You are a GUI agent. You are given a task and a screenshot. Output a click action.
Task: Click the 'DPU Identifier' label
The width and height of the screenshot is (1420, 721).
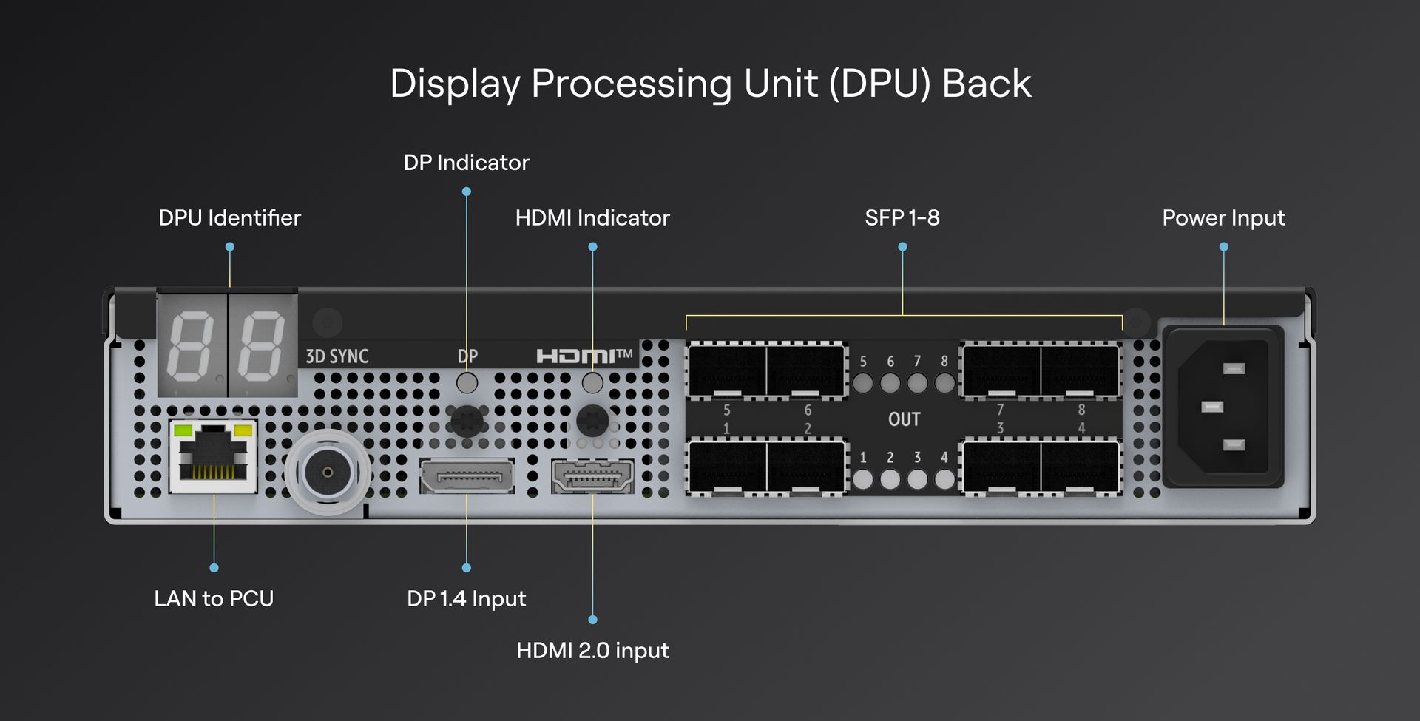(x=229, y=218)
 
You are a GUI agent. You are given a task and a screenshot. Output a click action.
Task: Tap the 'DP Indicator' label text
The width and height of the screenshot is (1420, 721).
(x=466, y=163)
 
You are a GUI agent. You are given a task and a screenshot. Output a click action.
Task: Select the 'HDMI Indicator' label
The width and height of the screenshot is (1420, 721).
(x=592, y=218)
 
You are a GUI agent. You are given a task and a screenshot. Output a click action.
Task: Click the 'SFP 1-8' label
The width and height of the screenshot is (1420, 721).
(x=902, y=218)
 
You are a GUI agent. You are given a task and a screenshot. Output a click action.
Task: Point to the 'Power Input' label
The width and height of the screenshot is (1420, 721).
(x=1223, y=218)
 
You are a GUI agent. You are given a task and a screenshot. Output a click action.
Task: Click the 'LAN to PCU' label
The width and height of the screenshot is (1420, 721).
(x=214, y=598)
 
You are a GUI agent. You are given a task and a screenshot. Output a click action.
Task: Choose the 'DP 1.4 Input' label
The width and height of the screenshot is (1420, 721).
(x=466, y=598)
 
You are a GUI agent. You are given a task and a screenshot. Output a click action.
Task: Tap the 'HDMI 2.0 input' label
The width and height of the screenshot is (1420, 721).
(x=592, y=651)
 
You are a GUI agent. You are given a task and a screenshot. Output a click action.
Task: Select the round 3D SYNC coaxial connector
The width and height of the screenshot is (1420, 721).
(x=328, y=472)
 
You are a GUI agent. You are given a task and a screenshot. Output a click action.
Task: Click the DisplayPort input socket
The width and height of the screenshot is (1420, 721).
(x=467, y=476)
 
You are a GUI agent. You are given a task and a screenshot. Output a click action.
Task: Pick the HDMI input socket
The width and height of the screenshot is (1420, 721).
(x=592, y=476)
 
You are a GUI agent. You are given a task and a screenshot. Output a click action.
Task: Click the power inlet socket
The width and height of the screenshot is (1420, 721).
(x=1223, y=407)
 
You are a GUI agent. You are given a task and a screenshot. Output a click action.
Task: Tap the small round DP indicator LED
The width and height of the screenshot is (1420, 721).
(x=467, y=382)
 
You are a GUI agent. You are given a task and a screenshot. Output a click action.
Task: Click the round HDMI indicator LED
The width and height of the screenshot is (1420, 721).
(x=592, y=382)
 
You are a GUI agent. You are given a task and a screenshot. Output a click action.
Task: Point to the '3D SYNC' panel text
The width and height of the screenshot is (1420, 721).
(x=337, y=356)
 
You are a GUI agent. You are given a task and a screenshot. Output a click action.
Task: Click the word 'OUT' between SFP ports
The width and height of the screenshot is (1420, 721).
(x=904, y=419)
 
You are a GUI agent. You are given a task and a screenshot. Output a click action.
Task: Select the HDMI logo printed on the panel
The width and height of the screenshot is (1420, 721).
(x=584, y=356)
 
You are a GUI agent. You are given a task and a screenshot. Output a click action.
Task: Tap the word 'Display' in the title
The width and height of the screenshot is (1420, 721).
(x=455, y=84)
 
